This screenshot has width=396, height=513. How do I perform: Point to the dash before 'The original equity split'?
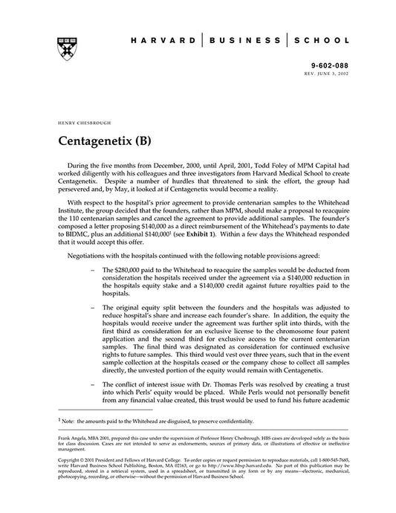(x=93, y=308)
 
